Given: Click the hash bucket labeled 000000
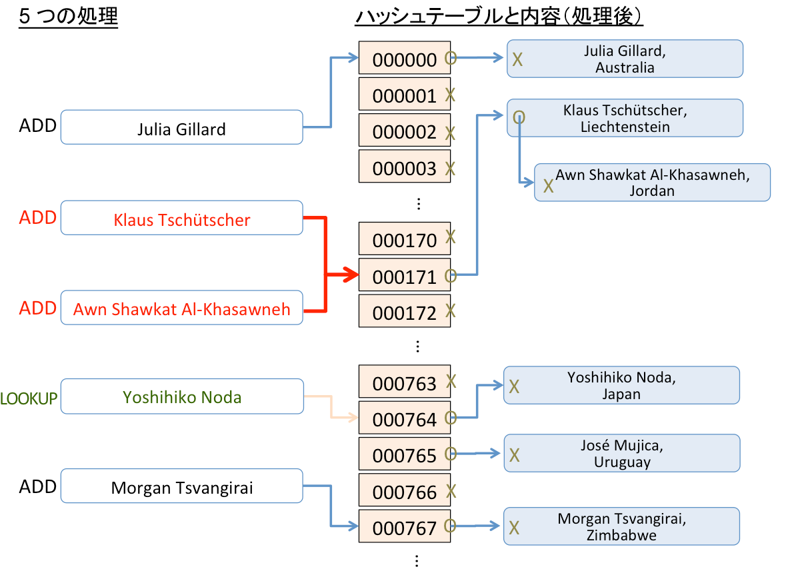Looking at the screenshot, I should [404, 59].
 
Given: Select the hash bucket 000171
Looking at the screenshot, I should [404, 275].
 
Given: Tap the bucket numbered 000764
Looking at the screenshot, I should [404, 418].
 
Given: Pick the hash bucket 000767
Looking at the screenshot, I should [404, 527].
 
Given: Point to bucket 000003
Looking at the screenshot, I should [404, 167].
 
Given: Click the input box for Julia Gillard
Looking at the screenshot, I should [181, 128].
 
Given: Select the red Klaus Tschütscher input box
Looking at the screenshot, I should [181, 219].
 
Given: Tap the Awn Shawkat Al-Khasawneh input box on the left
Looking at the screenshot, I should [181, 308].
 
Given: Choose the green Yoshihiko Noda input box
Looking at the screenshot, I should [181, 397].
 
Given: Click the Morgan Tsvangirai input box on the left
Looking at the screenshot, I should [181, 487].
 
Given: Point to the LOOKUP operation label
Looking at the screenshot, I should [29, 398].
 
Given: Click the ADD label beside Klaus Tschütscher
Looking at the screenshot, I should [37, 218].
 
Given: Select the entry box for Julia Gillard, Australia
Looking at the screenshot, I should [625, 59].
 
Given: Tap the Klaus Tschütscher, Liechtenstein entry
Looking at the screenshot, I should [625, 119].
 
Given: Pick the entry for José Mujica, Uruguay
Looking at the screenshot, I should [622, 454].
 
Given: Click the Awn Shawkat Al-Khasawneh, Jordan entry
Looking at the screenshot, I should [652, 183].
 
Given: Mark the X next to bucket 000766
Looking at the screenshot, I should [451, 492].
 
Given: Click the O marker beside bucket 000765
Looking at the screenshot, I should [451, 454].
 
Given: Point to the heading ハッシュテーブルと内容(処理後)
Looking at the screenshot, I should [499, 17].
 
